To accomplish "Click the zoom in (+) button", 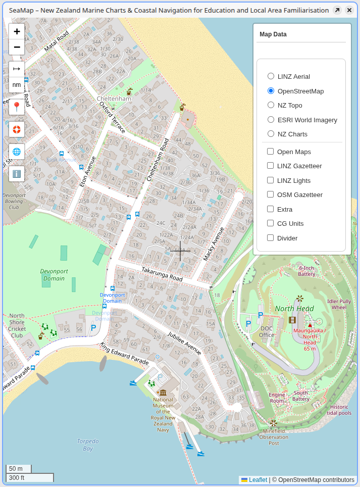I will point(17,31).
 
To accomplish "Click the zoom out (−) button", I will point(17,47).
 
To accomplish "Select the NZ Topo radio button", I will point(271,105).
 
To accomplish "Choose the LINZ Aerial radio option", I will point(271,76).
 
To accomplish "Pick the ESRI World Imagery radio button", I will point(271,120).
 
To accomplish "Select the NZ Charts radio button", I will point(271,134).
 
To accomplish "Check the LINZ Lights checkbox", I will point(271,180).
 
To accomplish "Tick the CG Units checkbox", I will point(271,223).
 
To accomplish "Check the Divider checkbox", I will point(271,238).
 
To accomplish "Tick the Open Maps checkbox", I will point(271,152).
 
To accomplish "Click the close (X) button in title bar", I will point(349,10).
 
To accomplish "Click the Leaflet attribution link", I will point(258,480).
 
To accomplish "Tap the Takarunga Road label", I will point(162,275).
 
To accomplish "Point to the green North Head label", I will point(294,309).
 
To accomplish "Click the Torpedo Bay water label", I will point(88,445).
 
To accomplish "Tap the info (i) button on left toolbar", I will point(17,174).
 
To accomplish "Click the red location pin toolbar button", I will point(17,107).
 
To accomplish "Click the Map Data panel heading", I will point(273,34).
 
